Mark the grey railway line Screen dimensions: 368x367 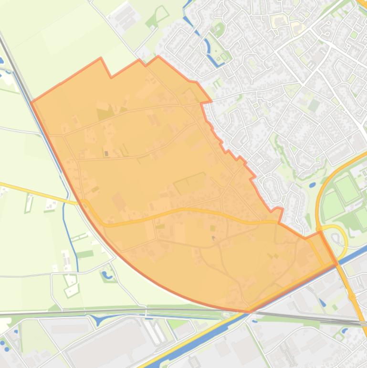pos(143,312)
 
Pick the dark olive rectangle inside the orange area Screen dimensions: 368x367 pos(105,114)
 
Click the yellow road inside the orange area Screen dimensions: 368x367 pos(191,210)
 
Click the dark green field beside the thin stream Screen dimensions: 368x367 pos(85,254)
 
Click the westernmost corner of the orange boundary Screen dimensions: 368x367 pos(31,102)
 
